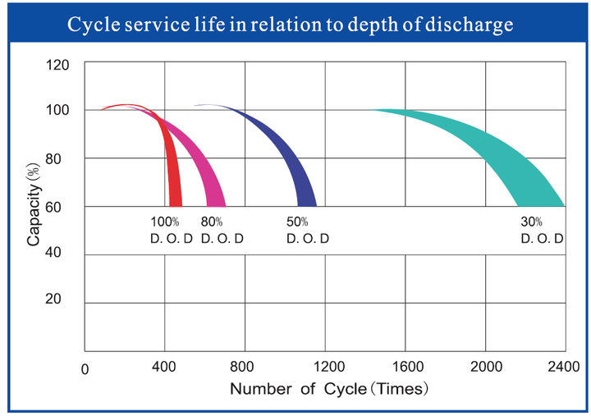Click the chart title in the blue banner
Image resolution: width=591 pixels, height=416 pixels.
click(291, 25)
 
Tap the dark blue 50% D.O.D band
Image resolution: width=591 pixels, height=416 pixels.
click(294, 158)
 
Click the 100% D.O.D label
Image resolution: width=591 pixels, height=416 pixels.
click(172, 230)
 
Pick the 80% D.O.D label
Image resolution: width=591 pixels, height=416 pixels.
click(222, 230)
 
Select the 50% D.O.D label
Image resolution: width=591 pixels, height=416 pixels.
click(308, 230)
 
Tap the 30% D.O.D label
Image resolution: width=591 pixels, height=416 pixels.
click(542, 230)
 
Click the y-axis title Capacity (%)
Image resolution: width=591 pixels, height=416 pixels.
click(33, 204)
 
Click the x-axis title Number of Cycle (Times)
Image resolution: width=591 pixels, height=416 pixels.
click(329, 388)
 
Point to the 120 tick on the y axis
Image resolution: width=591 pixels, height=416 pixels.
click(57, 65)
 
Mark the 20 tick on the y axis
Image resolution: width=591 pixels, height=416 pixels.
click(53, 299)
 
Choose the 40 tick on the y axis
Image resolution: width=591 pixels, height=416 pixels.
click(53, 252)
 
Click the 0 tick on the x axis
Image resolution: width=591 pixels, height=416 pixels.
click(85, 370)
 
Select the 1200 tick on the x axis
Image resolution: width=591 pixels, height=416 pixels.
click(329, 366)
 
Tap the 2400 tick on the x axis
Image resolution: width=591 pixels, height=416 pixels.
click(563, 366)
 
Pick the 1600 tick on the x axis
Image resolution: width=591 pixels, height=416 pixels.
click(408, 366)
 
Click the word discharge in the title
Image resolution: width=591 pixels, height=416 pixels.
click(470, 25)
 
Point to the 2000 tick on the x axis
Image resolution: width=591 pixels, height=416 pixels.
click(486, 366)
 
